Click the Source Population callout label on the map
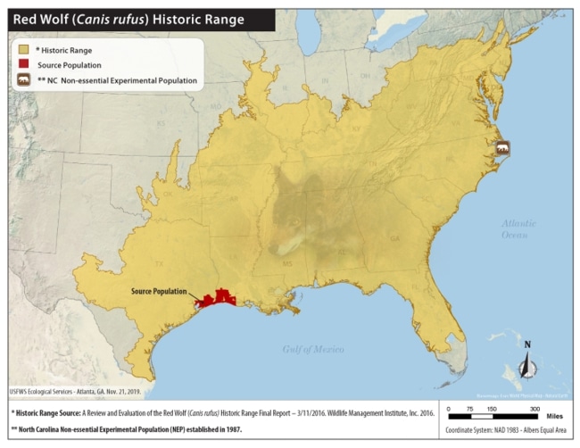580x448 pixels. (159, 292)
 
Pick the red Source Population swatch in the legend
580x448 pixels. (21, 66)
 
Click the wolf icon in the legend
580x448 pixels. (23, 80)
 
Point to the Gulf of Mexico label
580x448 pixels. (312, 349)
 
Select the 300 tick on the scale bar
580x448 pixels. (534, 407)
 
